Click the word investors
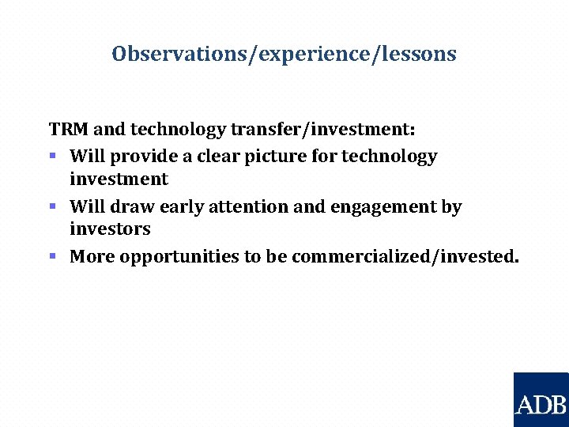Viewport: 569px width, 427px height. click(110, 229)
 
